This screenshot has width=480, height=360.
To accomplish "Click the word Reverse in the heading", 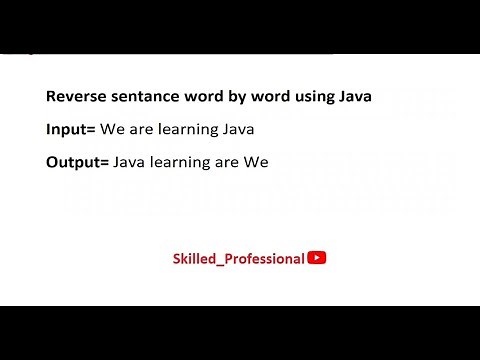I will pos(73,98).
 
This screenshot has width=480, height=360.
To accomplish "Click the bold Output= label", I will pos(77,159).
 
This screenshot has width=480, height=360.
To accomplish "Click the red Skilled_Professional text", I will pos(238,258).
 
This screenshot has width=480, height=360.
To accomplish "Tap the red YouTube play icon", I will pos(316,257).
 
